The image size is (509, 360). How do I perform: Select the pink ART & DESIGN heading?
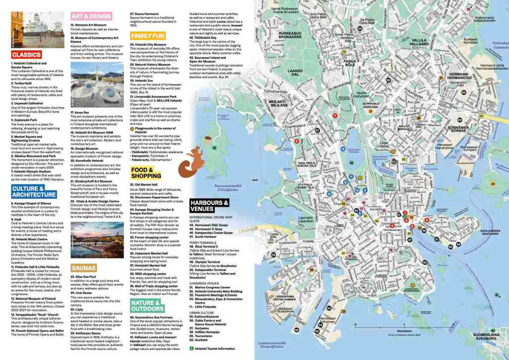(91, 16)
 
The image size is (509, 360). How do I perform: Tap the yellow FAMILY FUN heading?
(147, 36)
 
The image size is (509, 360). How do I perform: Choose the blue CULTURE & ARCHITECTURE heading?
(34, 191)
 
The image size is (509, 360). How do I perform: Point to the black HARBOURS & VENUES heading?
(209, 206)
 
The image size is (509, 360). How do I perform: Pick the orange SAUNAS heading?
(84, 267)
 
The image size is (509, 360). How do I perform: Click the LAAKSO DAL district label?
(295, 73)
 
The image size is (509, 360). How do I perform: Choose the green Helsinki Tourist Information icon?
(192, 349)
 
